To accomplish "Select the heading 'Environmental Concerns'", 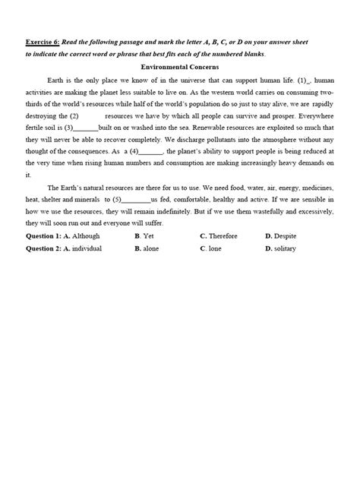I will coord(179,67).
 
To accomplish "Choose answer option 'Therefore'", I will coord(221,236).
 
